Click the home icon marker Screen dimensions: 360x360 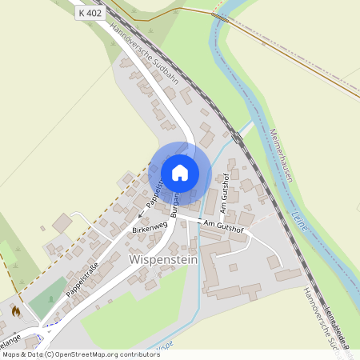[179, 172]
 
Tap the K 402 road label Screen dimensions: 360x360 [90, 14]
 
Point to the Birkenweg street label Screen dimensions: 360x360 [149, 229]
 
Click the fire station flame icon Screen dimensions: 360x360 [14, 310]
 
